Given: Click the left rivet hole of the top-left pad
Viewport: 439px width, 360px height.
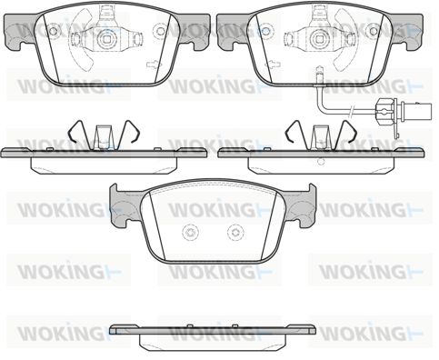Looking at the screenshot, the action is tap(53, 30).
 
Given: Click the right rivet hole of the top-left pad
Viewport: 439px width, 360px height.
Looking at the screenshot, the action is tap(160, 30).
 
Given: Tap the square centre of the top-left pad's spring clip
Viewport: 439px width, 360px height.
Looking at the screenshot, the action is tap(106, 38).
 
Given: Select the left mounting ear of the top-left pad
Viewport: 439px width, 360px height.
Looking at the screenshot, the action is tap(20, 33).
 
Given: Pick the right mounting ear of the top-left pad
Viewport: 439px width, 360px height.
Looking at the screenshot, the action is tap(194, 32).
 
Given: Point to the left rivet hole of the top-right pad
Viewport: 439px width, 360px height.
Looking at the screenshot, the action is tap(265, 30).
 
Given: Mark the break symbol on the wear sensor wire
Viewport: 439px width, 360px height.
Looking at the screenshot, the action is tap(352, 111).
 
